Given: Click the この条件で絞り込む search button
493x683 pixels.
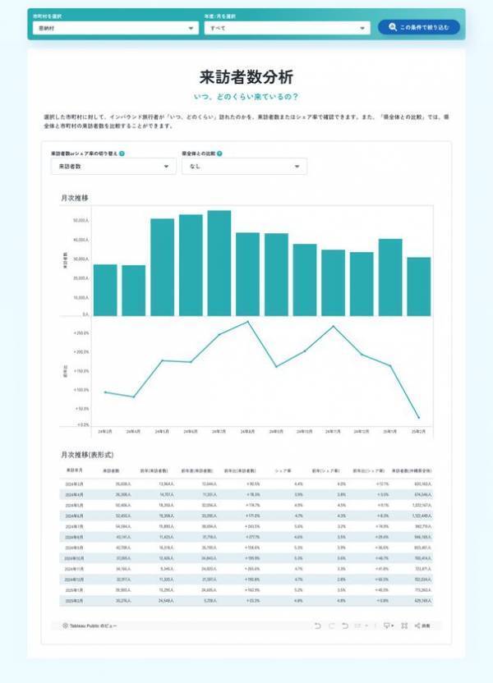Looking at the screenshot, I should tap(419, 28).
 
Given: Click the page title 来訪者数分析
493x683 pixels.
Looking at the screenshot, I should tap(246, 77).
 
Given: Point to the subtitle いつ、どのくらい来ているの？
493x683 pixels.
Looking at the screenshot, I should tap(246, 97).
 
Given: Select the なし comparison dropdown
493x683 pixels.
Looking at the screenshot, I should tap(245, 167).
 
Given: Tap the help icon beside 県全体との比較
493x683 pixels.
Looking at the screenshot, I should tap(220, 154).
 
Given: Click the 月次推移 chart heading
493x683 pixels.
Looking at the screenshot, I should tap(75, 199).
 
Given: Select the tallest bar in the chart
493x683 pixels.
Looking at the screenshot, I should tap(219, 263).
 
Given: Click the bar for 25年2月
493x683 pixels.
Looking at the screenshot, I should tap(418, 286).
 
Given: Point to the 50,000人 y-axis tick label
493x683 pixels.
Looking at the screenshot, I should tap(81, 221).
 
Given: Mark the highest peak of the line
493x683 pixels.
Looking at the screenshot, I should tap(247, 322).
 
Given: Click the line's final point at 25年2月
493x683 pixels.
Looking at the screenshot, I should tap(418, 418).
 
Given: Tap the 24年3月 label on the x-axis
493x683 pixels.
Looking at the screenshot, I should tap(105, 431).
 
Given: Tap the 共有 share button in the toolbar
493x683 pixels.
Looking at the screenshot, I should tap(423, 626).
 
